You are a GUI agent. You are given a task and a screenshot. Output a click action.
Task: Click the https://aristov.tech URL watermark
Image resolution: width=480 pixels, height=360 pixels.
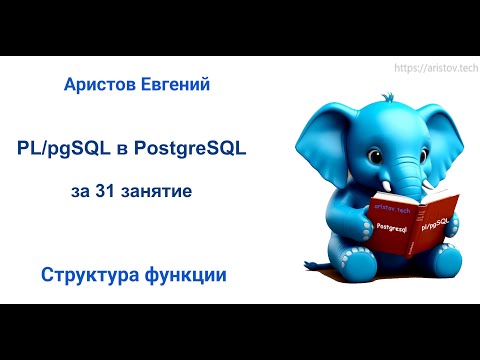point(432,67)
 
